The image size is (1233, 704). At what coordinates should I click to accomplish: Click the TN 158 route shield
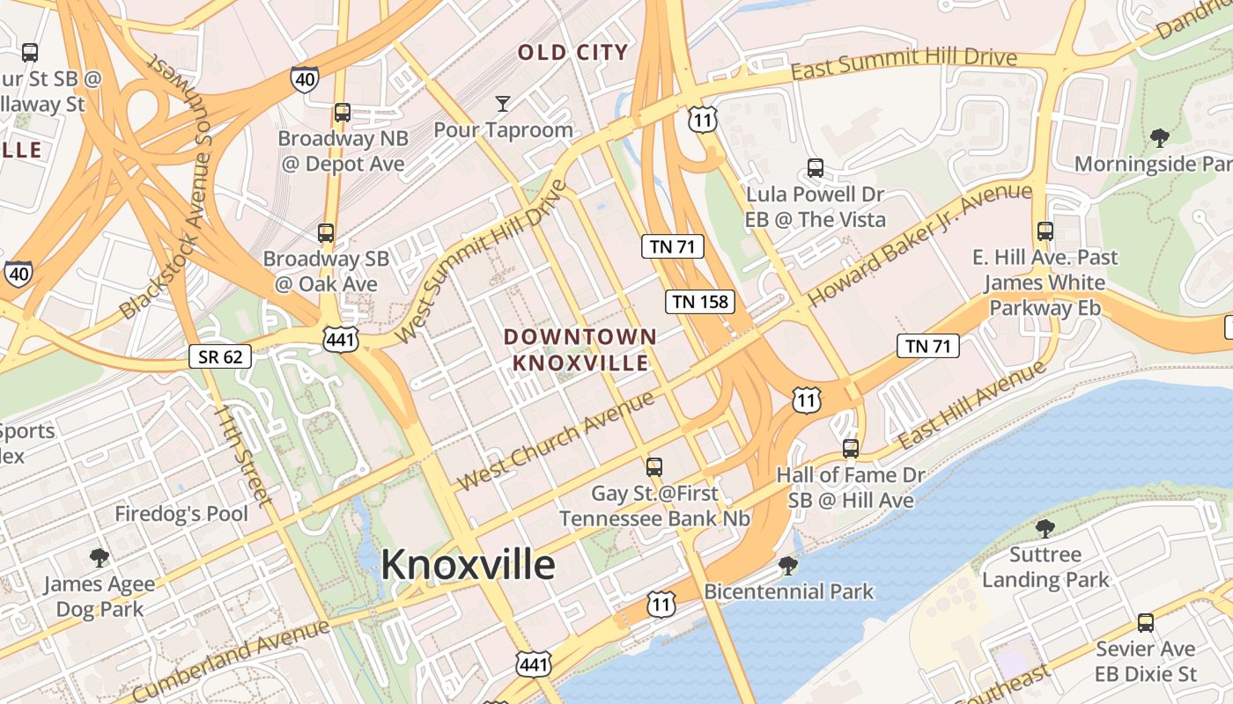pyautogui.click(x=699, y=302)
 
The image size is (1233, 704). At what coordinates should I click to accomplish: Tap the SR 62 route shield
pyautogui.click(x=220, y=356)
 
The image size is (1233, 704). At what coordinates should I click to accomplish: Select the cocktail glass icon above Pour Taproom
pyautogui.click(x=502, y=104)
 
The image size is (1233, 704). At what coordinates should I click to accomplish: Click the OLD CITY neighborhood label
pyautogui.click(x=573, y=53)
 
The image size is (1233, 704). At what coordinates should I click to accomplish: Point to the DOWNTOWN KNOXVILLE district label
pyautogui.click(x=580, y=349)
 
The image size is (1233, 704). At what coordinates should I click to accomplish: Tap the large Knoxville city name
pyautogui.click(x=468, y=565)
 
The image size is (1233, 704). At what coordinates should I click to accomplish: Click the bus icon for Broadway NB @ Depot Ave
pyautogui.click(x=343, y=113)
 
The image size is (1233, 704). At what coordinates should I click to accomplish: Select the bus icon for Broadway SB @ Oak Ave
pyautogui.click(x=326, y=233)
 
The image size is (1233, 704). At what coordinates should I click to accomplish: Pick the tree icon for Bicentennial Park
pyautogui.click(x=788, y=565)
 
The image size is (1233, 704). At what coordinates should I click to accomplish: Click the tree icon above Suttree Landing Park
pyautogui.click(x=1045, y=528)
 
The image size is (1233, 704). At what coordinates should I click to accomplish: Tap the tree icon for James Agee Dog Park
pyautogui.click(x=100, y=557)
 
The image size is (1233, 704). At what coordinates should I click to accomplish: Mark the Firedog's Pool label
pyautogui.click(x=181, y=513)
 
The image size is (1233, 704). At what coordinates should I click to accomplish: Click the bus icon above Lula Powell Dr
pyautogui.click(x=816, y=167)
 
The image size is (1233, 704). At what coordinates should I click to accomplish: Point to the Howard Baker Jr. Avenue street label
pyautogui.click(x=919, y=244)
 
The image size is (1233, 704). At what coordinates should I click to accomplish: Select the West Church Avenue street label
pyautogui.click(x=556, y=440)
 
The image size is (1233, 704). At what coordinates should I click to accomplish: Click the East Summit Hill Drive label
pyautogui.click(x=904, y=62)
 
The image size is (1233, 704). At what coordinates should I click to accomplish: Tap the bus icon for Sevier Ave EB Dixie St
pyautogui.click(x=1146, y=622)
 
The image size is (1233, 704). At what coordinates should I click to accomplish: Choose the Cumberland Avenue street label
pyautogui.click(x=232, y=659)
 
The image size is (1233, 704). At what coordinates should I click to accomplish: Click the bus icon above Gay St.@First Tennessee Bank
pyautogui.click(x=654, y=466)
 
